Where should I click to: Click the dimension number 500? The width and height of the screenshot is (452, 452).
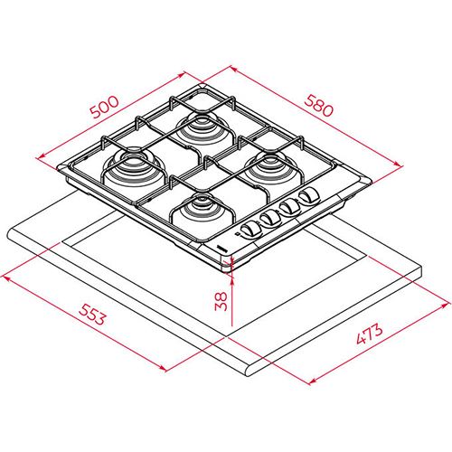(105, 108)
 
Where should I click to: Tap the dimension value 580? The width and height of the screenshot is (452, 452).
(319, 106)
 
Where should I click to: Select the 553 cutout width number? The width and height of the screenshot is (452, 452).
(92, 315)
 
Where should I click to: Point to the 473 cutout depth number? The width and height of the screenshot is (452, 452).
(370, 334)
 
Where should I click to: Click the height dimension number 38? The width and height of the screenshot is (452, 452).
(221, 301)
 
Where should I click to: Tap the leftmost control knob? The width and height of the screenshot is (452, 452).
(251, 230)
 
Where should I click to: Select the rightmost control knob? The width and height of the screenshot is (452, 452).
(309, 195)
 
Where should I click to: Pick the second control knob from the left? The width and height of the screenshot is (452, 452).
(270, 219)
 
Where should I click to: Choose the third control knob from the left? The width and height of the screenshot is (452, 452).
(289, 207)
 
